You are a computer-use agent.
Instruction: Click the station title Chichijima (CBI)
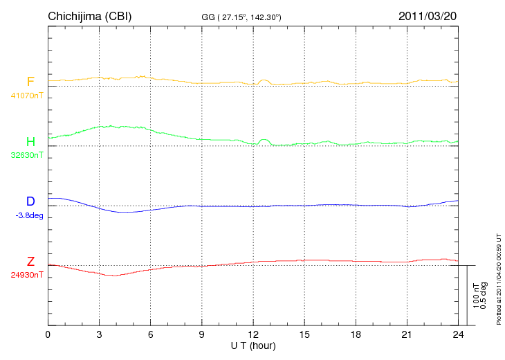89,16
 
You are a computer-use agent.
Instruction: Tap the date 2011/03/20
428,16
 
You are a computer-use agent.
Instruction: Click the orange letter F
30,82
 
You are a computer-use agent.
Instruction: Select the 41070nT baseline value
27,95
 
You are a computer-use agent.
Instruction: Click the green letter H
30,141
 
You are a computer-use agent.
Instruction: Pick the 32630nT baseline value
27,154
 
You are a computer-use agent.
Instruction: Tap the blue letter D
30,201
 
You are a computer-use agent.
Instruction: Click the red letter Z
30,262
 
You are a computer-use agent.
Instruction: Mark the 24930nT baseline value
27,275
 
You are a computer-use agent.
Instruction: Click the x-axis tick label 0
48,335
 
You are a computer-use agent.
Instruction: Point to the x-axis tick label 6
150,335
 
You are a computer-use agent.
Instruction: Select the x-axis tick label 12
252,335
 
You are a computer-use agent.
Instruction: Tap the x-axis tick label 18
355,335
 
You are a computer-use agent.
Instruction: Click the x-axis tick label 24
457,335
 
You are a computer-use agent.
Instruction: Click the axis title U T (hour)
253,345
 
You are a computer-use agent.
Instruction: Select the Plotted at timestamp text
498,277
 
